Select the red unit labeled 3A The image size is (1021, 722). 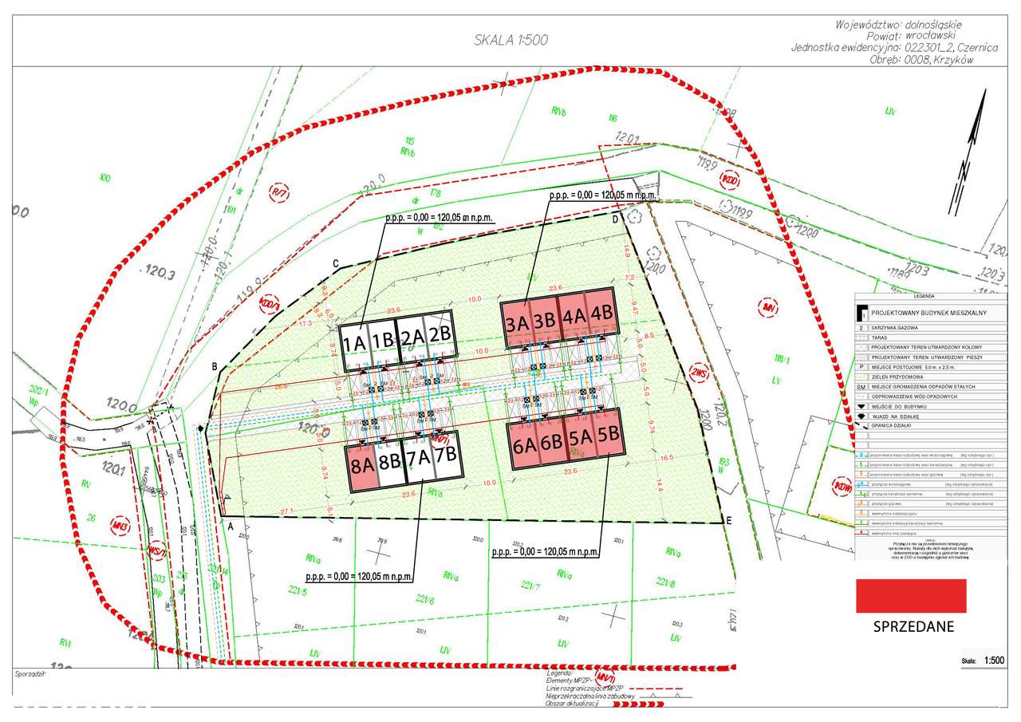pyautogui.click(x=515, y=323)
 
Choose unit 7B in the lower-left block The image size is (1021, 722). pyautogui.click(x=447, y=456)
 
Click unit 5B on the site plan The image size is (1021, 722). pyautogui.click(x=609, y=436)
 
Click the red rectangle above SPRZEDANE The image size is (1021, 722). pyautogui.click(x=910, y=596)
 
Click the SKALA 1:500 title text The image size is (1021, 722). pyautogui.click(x=511, y=40)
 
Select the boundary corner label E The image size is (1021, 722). pyautogui.click(x=727, y=520)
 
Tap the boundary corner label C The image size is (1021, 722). pyautogui.click(x=336, y=263)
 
